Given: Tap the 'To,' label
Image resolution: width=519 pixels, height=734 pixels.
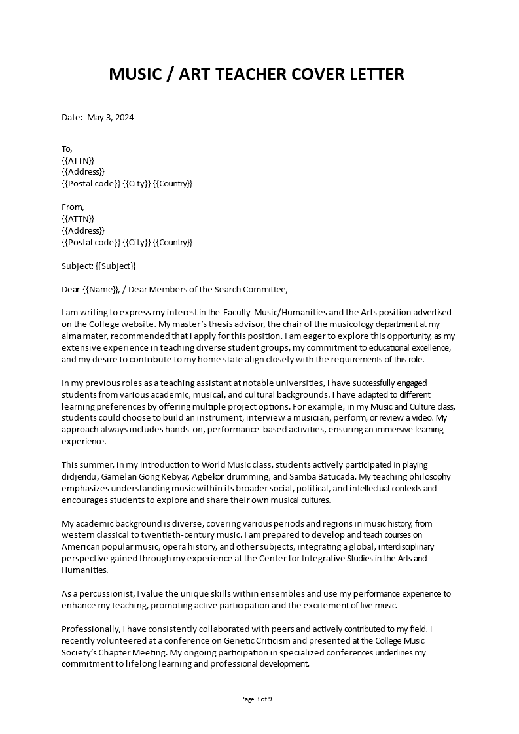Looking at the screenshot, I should (x=67, y=148).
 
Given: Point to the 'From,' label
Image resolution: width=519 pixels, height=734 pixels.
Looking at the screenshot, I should (x=73, y=207).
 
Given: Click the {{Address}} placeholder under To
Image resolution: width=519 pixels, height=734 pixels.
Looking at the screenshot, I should (x=82, y=171).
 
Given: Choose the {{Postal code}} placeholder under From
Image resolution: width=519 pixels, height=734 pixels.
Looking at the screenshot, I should (x=91, y=242).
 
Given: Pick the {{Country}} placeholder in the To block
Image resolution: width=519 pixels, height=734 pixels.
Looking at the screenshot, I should (x=173, y=183).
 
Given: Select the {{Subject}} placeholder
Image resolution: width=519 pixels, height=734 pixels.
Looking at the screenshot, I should (x=116, y=266).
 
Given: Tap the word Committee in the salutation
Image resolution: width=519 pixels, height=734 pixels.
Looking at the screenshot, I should (x=264, y=289).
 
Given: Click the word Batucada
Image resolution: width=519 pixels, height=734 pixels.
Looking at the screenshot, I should (x=332, y=476).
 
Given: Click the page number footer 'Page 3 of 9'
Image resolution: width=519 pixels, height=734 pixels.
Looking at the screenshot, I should (x=257, y=699).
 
